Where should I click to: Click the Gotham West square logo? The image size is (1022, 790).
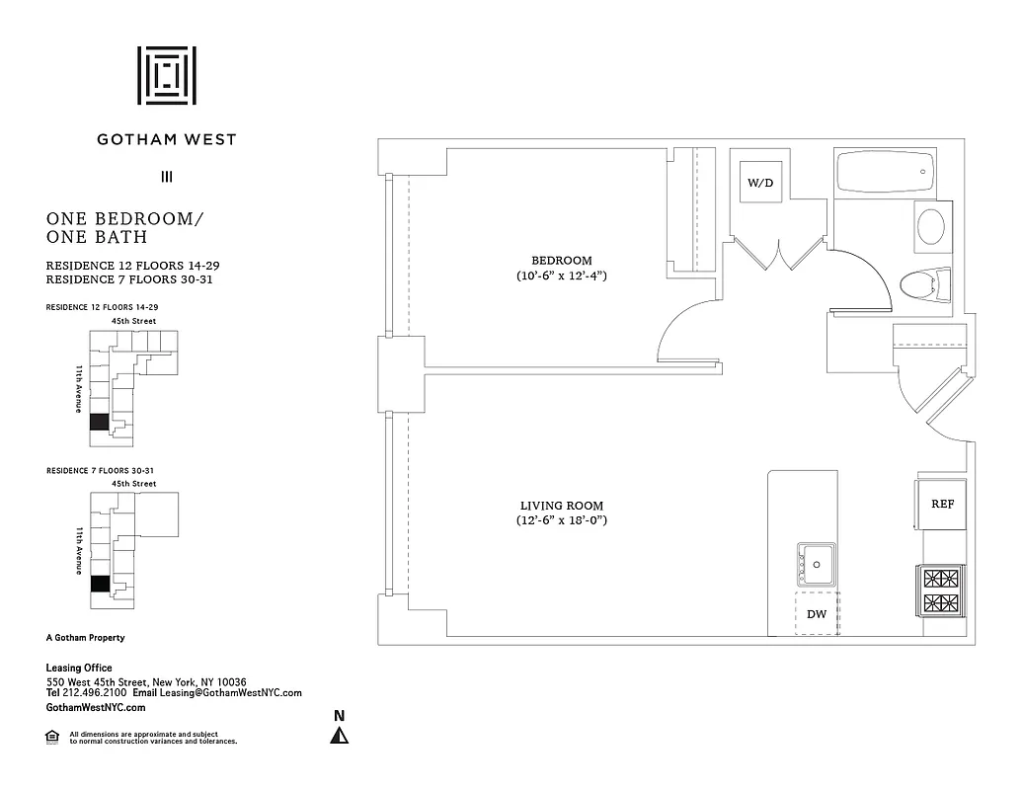pyautogui.click(x=167, y=75)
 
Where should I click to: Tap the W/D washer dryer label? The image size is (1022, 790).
pyautogui.click(x=759, y=183)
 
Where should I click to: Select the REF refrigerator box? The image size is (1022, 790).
pyautogui.click(x=942, y=504)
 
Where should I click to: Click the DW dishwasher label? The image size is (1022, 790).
pyautogui.click(x=817, y=614)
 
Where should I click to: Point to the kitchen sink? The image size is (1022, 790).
pyautogui.click(x=818, y=565)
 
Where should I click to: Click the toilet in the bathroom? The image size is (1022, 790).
pyautogui.click(x=925, y=286)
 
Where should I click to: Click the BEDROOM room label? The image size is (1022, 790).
pyautogui.click(x=559, y=261)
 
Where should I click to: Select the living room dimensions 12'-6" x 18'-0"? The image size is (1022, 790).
pyautogui.click(x=561, y=520)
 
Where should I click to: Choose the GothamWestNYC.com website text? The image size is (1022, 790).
pyautogui.click(x=97, y=708)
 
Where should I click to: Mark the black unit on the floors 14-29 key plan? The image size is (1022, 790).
pyautogui.click(x=98, y=422)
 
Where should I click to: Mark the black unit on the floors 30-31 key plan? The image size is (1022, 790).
pyautogui.click(x=98, y=584)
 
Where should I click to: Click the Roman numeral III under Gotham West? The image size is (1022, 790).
pyautogui.click(x=167, y=178)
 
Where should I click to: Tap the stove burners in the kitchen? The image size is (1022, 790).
pyautogui.click(x=940, y=590)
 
